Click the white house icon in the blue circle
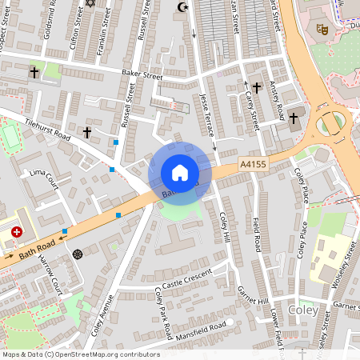[x=180, y=173]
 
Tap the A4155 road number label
[x=252, y=163]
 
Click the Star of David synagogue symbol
[x=90, y=3]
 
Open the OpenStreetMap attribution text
[x=80, y=354]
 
